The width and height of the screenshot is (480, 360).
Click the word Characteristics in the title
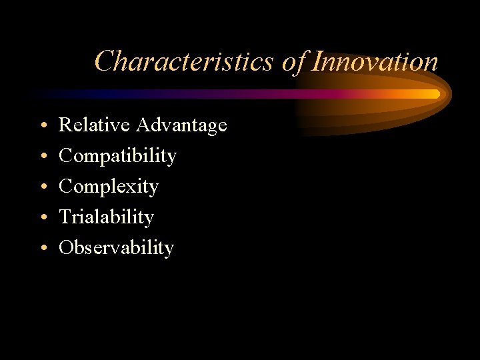(x=184, y=61)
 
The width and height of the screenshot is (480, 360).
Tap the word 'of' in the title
(x=294, y=61)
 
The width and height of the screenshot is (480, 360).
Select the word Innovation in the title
(x=375, y=61)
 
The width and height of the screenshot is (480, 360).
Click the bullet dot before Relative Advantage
(x=42, y=126)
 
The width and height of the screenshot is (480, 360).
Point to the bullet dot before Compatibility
(x=42, y=157)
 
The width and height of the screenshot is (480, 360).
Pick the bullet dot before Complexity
(x=42, y=187)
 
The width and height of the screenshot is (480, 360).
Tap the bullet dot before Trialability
(x=42, y=218)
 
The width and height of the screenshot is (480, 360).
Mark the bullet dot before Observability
(x=42, y=249)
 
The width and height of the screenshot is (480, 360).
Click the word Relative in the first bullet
(x=95, y=125)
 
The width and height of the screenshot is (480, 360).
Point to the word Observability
(x=116, y=248)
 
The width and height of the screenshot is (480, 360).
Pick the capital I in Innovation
(x=317, y=61)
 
